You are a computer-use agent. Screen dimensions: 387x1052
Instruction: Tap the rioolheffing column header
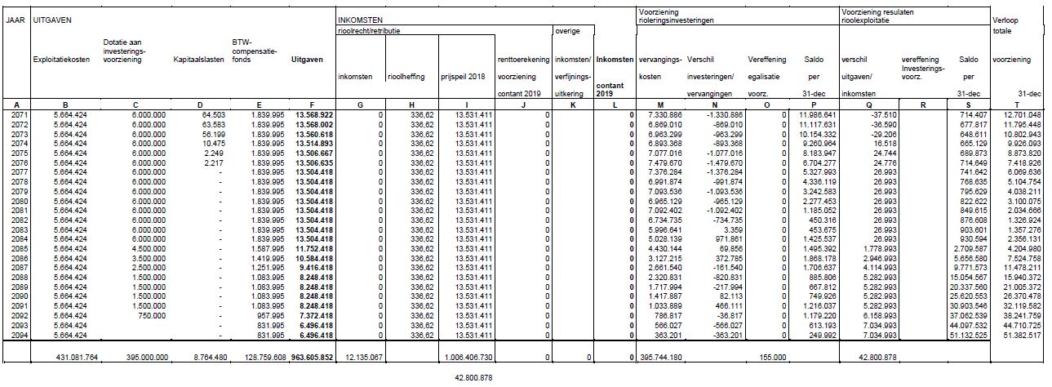pyautogui.click(x=406, y=77)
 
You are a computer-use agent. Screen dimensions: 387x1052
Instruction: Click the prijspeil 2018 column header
pyautogui.click(x=464, y=77)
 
